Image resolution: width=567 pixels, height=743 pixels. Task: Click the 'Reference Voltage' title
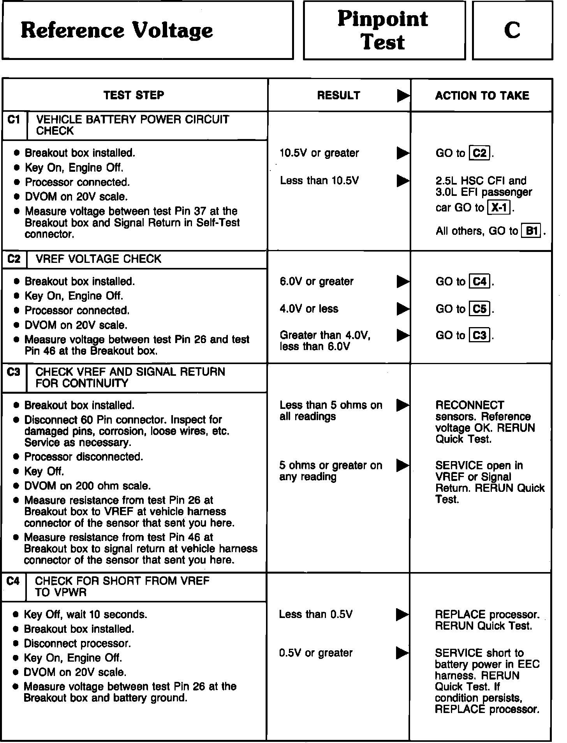pos(117,30)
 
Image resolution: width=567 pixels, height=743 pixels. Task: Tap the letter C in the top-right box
pos(512,30)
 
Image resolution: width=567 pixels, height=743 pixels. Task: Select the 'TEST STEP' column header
pos(134,95)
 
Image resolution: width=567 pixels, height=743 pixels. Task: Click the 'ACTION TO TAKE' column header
pos(482,96)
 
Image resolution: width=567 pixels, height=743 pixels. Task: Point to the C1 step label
pos(14,120)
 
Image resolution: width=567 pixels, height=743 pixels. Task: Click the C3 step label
pos(14,372)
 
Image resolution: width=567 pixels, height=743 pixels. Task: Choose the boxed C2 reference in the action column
pos(480,153)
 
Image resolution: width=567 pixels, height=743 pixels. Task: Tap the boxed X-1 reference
pos(499,208)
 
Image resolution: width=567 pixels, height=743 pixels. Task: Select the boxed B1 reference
pos(532,231)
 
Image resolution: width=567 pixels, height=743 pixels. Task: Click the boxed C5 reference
pos(480,309)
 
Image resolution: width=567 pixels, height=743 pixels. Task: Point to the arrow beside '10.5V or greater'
pos(403,153)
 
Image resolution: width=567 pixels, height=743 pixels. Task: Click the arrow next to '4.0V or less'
pos(403,309)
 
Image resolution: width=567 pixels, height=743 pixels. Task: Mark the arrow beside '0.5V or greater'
pos(402,653)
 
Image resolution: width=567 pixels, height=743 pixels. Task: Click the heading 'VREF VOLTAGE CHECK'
pos(98,259)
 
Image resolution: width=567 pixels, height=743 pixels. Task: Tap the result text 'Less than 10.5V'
pos(319,181)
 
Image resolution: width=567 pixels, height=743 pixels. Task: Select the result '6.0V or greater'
pos(317,282)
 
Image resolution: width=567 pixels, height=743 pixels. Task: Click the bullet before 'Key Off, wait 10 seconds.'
pos(16,614)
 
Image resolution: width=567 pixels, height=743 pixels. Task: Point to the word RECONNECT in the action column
pos(470,405)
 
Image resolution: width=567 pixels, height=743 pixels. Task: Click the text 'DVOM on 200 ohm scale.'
pos(87,486)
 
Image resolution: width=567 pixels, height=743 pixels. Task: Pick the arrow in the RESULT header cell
pos(403,96)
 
